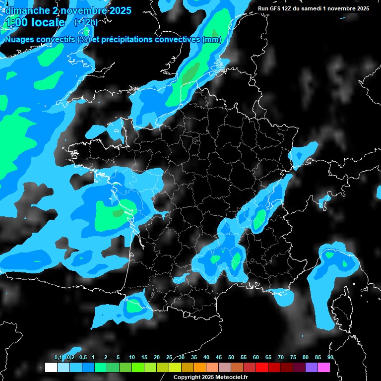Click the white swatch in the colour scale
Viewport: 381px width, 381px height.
point(51,367)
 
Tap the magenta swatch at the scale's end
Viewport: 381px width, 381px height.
point(324,367)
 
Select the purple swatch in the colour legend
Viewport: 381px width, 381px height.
point(312,367)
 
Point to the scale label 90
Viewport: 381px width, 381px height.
point(330,357)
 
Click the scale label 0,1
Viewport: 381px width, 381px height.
point(58,357)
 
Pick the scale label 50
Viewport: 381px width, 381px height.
point(231,357)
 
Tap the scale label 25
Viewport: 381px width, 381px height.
point(169,357)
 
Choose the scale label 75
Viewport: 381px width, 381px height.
point(293,357)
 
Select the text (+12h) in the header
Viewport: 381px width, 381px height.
point(85,22)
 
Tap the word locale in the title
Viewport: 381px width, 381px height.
point(48,22)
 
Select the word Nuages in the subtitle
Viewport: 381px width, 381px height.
point(18,40)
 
